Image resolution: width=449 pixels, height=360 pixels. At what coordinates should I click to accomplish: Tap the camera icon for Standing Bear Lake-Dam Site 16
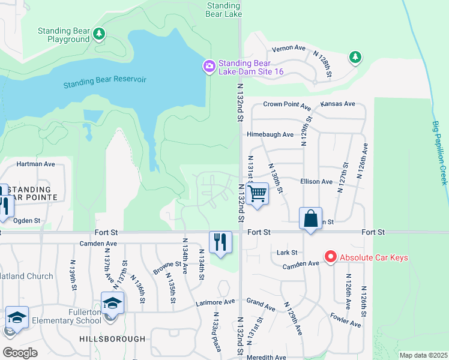(x=209, y=66)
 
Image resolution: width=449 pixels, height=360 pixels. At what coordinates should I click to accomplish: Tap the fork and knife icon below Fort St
(x=220, y=242)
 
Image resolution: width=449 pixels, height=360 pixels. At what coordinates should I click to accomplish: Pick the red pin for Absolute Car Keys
(x=330, y=257)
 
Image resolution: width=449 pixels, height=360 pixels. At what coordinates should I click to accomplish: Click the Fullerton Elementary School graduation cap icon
(x=112, y=303)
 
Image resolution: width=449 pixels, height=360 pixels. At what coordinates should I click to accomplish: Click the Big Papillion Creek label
(x=440, y=152)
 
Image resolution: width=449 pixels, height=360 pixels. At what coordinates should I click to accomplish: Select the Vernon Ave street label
(x=289, y=49)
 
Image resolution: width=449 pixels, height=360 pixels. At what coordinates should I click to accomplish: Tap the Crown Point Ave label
(x=286, y=104)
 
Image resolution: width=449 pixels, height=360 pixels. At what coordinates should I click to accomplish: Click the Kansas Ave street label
(x=338, y=104)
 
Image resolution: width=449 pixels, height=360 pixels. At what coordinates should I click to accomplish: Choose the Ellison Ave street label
(x=318, y=181)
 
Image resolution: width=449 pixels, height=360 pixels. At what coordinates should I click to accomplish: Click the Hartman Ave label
(x=35, y=164)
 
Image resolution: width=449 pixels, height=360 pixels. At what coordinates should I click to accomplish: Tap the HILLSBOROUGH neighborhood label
(x=112, y=339)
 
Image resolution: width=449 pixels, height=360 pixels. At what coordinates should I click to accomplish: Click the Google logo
(x=20, y=352)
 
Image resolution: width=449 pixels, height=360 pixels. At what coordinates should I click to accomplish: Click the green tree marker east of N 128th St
(x=355, y=57)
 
